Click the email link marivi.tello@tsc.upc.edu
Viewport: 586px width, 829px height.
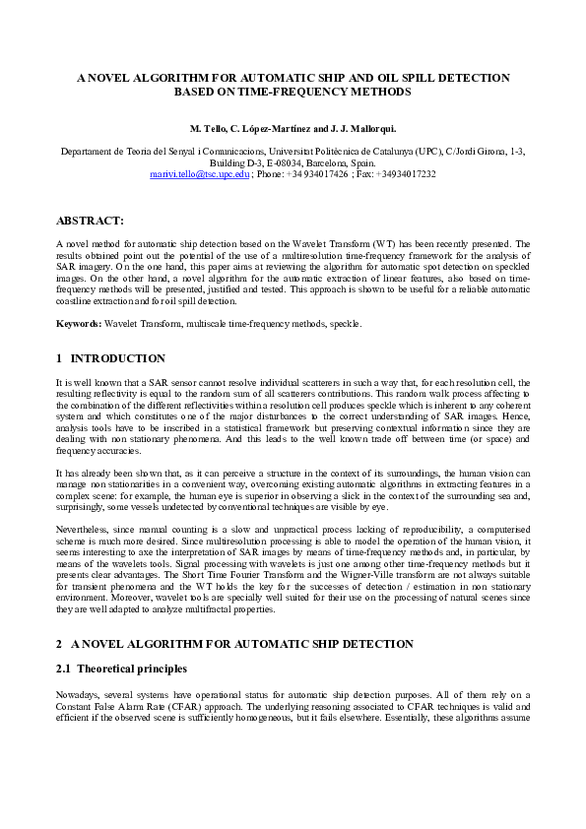pos(199,173)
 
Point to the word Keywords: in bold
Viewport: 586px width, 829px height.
pos(79,323)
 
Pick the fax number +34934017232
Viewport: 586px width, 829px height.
pos(405,173)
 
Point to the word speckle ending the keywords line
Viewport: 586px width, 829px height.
pos(346,323)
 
